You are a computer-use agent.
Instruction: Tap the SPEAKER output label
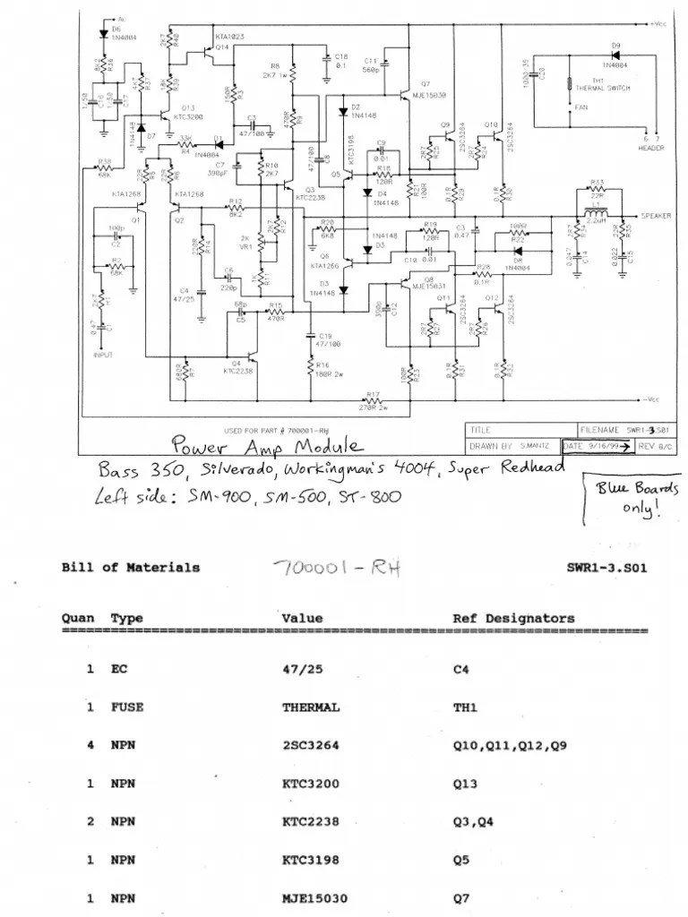[658, 216]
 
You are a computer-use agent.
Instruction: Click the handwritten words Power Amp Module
[268, 446]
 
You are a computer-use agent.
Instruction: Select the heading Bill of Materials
[131, 567]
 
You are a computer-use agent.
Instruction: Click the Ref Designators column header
[513, 618]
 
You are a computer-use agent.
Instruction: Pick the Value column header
[302, 618]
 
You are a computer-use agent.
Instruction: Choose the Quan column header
[78, 618]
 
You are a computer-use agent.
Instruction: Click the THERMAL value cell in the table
[311, 707]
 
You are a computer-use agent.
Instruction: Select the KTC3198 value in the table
[311, 860]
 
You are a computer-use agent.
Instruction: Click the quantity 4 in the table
[90, 745]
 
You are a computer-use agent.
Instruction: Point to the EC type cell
[119, 669]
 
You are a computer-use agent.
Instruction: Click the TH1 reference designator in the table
[467, 707]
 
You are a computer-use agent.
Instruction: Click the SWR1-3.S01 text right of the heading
[606, 567]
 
